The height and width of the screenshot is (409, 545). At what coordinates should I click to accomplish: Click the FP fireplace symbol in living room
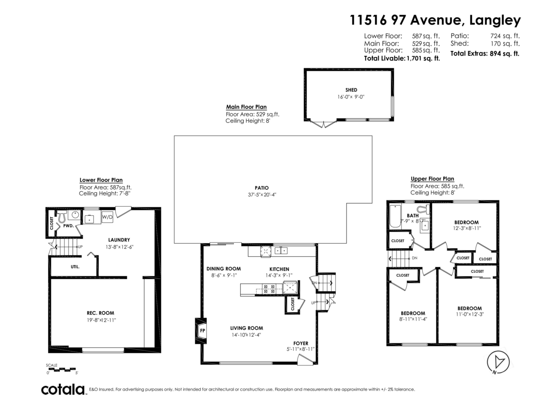pyautogui.click(x=202, y=330)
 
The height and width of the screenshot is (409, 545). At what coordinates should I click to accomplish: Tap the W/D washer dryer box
pyautogui.click(x=108, y=217)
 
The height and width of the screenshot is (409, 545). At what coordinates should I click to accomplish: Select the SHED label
pyautogui.click(x=351, y=90)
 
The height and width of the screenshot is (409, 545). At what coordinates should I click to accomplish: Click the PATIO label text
pyautogui.click(x=262, y=188)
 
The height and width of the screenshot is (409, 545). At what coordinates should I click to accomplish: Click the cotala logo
pyautogui.click(x=63, y=389)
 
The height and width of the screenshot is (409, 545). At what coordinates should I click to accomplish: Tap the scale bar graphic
pyautogui.click(x=62, y=369)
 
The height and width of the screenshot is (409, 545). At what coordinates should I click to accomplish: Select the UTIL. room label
pyautogui.click(x=75, y=267)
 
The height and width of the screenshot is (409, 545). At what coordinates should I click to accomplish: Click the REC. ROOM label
pyautogui.click(x=100, y=313)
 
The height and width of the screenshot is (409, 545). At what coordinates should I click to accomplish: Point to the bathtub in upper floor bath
pyautogui.click(x=394, y=217)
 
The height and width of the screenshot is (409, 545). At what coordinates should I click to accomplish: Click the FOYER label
pyautogui.click(x=301, y=343)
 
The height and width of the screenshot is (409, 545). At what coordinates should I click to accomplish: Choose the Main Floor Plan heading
pyautogui.click(x=246, y=107)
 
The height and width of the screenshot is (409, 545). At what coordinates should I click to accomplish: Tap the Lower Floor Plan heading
pyautogui.click(x=101, y=180)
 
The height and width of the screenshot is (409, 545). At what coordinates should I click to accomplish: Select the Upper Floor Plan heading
pyautogui.click(x=432, y=179)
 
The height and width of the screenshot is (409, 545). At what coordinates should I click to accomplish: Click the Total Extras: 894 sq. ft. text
pyautogui.click(x=485, y=53)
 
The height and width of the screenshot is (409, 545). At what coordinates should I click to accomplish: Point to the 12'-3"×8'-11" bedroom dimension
pyautogui.click(x=466, y=229)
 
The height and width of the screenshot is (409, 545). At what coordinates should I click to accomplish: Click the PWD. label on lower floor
pyautogui.click(x=69, y=225)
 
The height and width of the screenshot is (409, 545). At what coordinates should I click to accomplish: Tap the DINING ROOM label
pyautogui.click(x=223, y=269)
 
